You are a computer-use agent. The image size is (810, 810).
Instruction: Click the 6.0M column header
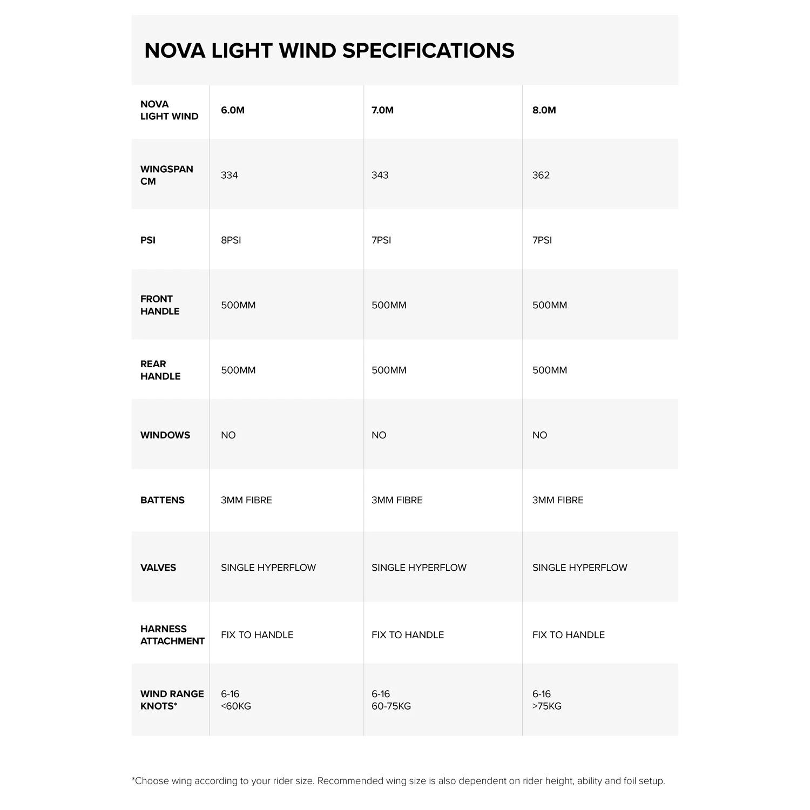click(233, 110)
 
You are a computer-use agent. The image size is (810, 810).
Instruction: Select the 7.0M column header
click(382, 110)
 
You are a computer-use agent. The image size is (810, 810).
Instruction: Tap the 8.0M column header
click(544, 110)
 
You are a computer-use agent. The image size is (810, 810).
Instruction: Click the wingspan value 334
click(230, 175)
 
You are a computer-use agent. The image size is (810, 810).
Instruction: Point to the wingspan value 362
click(541, 175)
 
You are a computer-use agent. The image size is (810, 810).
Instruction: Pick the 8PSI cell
click(231, 240)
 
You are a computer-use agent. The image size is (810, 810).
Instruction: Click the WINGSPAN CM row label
click(166, 175)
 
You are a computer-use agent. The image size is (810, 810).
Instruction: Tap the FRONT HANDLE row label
click(160, 305)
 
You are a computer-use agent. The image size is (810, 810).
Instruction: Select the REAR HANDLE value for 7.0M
click(389, 370)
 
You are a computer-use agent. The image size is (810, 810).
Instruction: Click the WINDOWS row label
click(165, 435)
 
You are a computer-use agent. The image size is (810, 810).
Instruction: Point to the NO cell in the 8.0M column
click(539, 435)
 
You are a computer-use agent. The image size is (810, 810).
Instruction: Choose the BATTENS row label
click(163, 500)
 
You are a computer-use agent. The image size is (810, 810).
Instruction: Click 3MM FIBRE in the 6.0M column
click(246, 500)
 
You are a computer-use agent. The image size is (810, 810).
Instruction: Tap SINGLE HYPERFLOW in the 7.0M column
click(419, 568)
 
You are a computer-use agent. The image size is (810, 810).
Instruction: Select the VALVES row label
click(158, 568)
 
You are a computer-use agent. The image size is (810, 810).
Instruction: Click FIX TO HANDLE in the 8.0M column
click(569, 635)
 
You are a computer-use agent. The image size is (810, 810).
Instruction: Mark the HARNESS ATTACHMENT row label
click(172, 635)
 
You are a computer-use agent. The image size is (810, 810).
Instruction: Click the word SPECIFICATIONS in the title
click(428, 51)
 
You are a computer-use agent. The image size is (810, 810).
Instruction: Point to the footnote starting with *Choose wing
click(399, 781)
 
